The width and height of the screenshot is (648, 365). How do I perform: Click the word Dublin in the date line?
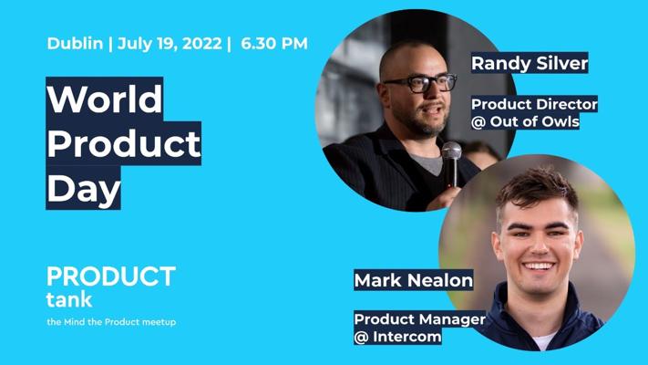75,44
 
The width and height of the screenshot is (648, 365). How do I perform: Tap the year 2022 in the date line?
202,44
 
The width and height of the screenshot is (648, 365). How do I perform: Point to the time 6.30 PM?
274,44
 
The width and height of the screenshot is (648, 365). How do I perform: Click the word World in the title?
105,99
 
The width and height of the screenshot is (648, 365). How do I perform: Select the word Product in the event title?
124,143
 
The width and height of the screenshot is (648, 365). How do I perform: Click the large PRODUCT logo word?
111,276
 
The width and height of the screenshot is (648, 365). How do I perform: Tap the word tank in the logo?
69,298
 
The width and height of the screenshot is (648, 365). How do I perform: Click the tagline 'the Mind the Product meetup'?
111,322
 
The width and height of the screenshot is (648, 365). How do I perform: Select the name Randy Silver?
530,63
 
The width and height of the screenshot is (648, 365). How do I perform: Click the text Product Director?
534,104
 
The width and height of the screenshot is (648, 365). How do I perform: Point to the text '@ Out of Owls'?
525,121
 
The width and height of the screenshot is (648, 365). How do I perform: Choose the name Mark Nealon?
413,280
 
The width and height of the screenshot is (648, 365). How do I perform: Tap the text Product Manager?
420,319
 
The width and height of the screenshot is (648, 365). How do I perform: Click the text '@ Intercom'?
398,337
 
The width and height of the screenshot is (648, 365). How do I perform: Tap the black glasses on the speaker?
419,83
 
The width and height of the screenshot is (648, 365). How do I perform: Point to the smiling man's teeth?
538,266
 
